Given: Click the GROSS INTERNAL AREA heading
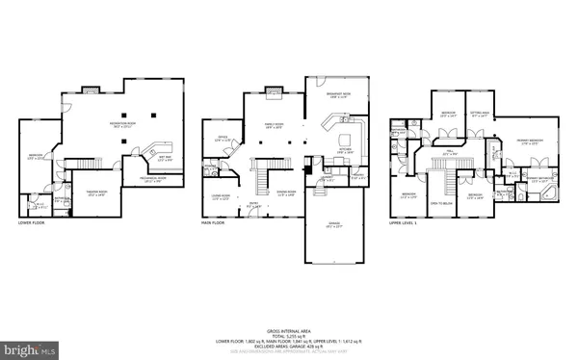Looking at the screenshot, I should click(x=288, y=329).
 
